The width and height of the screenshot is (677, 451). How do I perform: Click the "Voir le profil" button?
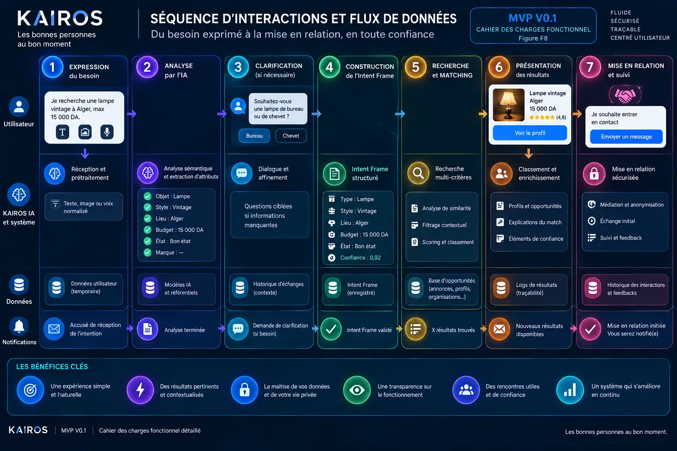[x=530, y=133]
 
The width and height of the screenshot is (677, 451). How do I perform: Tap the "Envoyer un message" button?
[x=626, y=137]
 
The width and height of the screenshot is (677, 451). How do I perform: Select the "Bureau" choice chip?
[x=254, y=136]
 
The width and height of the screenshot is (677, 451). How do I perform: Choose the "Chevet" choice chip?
[x=291, y=136]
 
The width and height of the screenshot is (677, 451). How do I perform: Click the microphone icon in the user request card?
[x=107, y=132]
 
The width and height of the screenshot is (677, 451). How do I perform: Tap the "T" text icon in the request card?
[x=63, y=132]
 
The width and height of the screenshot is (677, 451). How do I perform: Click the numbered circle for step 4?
[x=329, y=67]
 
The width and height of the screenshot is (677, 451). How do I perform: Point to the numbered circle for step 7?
[x=590, y=67]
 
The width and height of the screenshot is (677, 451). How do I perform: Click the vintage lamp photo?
[x=509, y=105]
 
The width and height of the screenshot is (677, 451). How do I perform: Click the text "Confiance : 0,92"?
[x=360, y=258]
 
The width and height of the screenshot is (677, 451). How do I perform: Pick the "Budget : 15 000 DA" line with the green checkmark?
[x=174, y=230]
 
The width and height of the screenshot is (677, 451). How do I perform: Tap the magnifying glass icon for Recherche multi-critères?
[x=418, y=173]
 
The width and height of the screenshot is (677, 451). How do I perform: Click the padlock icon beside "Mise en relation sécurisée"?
[x=594, y=174]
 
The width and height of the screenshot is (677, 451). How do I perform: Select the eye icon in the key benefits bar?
[x=357, y=390]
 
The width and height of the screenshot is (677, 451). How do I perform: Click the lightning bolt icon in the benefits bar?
[x=140, y=390]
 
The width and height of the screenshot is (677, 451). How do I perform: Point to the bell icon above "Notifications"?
[x=19, y=326]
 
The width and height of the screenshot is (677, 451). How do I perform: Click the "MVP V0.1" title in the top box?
[x=532, y=18]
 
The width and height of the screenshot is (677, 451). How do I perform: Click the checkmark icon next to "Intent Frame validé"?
[x=331, y=329]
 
